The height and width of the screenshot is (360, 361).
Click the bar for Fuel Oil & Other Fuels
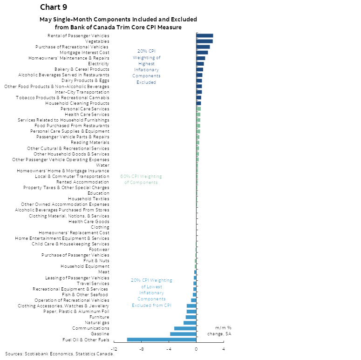pos(162,340)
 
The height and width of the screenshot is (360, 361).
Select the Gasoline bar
pos(183,334)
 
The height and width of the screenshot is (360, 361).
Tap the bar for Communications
pos(185,328)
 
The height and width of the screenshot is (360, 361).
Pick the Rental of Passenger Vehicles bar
pos(204,35)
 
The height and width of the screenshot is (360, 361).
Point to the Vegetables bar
pos(204,41)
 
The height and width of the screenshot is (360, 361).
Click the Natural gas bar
pos(190,323)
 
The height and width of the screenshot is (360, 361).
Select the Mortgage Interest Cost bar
pos(202,52)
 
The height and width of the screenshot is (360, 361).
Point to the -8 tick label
pos(141,349)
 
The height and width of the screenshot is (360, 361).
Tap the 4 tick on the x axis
pos(224,349)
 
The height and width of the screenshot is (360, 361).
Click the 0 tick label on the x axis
pos(196,349)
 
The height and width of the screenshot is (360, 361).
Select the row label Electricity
pos(98,63)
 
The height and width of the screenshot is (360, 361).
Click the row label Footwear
pos(99,250)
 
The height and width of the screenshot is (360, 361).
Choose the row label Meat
pos(103,272)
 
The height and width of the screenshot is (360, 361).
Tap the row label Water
pos(102,165)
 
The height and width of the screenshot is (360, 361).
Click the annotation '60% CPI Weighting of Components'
pos(141,179)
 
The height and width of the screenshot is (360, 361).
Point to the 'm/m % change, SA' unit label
pos(223,331)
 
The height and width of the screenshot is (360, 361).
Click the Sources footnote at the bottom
pos(59,354)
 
